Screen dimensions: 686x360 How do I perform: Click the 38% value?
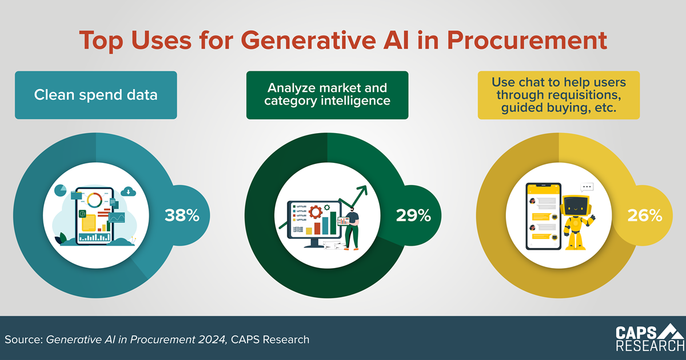pos(182,215)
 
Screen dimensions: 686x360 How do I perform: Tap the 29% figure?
pos(413,215)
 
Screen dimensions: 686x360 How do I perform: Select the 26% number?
pos(645,215)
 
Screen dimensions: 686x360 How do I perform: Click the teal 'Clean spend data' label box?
pos(96,95)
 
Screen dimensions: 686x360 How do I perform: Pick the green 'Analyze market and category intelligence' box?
pos(327,95)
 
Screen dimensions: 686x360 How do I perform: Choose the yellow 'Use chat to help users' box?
pos(559,95)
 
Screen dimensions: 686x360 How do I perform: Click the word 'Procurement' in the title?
pos(527,40)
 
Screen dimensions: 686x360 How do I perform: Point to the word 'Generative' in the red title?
pos(308,40)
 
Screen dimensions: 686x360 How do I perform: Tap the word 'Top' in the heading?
pos(101,41)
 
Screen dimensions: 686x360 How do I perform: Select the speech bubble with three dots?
pos(587,187)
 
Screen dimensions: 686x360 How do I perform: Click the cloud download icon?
pos(128,191)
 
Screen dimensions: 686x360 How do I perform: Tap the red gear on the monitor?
pos(316,212)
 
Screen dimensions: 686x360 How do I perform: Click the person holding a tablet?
pos(352,229)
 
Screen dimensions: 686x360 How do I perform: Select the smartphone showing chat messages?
pos(544,216)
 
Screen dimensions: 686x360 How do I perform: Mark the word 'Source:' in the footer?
pos(23,339)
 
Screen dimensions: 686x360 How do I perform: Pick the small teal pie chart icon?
pos(61,190)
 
